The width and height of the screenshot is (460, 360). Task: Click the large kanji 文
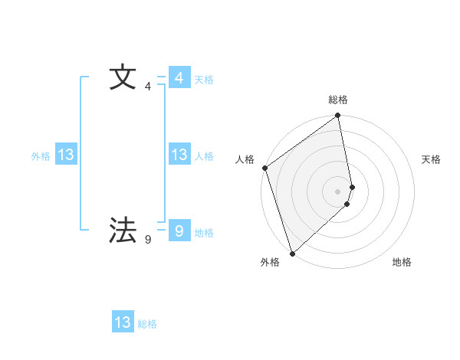[x=123, y=78]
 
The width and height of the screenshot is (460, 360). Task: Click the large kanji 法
[x=123, y=230]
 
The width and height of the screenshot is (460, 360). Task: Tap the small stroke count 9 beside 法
[x=147, y=240]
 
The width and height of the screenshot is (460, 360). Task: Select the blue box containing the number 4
[x=179, y=78]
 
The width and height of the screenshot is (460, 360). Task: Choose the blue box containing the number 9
[x=179, y=230]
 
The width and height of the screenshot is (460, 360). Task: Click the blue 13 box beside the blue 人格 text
[x=179, y=155]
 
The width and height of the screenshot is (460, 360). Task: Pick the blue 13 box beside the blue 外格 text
[x=65, y=155]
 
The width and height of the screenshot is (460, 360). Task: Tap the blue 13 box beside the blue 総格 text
[x=123, y=322]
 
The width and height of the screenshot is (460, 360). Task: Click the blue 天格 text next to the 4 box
[x=204, y=80]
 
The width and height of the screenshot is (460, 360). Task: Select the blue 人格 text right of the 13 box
[x=204, y=156]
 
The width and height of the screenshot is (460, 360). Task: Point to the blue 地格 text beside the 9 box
[x=204, y=233]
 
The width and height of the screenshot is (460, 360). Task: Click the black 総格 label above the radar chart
[x=338, y=100]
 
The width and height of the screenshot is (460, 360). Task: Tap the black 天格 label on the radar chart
[x=432, y=159]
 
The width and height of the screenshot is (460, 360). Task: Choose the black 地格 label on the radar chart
[x=402, y=262]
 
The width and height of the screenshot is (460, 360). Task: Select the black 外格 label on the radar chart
[x=270, y=262]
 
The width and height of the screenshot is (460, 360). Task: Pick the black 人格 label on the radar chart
[x=245, y=159]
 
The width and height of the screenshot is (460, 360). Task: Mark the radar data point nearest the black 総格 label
[x=338, y=116]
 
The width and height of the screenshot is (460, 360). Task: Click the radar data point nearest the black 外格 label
[x=291, y=254]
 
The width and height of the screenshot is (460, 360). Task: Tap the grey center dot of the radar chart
[x=338, y=191]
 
